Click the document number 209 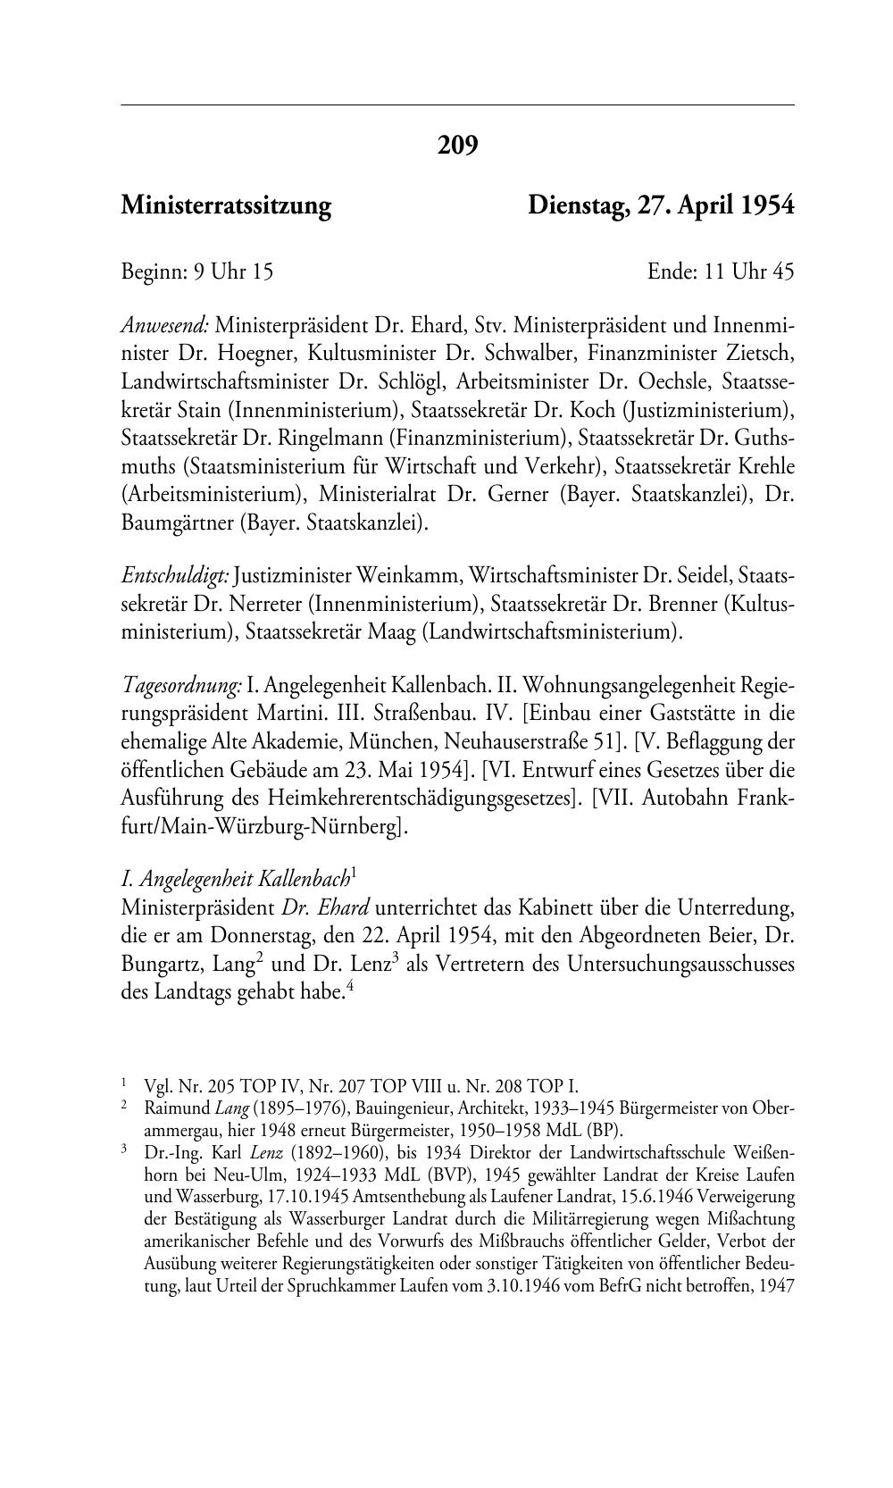point(457,144)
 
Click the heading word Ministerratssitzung point(226,206)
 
